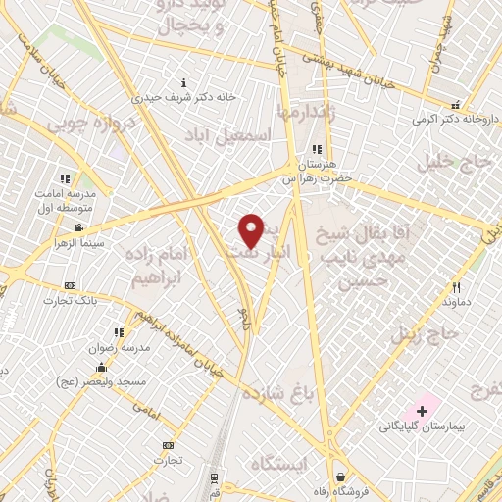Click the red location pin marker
(x=252, y=230)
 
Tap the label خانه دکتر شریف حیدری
(x=186, y=97)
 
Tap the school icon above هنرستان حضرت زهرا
(x=317, y=149)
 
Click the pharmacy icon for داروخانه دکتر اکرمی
(x=454, y=105)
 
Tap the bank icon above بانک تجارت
(x=69, y=285)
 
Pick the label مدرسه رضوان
(x=121, y=347)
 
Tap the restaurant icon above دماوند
(x=456, y=287)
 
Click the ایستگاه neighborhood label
(x=278, y=462)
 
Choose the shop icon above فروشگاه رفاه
(x=338, y=477)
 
